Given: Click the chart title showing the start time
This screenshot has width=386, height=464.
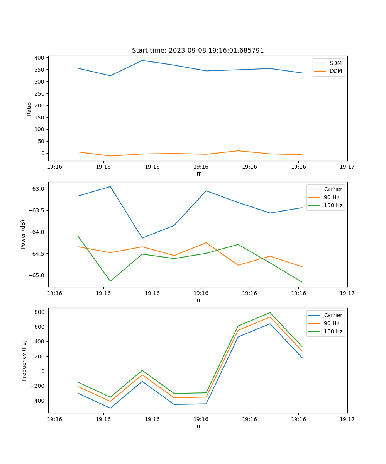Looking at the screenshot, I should click(x=198, y=51).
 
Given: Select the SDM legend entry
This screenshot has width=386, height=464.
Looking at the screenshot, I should click(x=335, y=63).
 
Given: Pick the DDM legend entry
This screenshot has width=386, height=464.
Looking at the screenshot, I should click(x=335, y=71).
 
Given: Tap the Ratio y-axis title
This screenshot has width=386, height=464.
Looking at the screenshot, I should click(x=29, y=109).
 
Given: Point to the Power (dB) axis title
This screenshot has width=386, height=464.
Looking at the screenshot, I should click(x=23, y=234).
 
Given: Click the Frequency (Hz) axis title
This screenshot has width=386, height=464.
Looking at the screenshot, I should click(x=24, y=360).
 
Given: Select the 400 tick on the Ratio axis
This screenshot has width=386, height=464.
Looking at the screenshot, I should click(x=39, y=58).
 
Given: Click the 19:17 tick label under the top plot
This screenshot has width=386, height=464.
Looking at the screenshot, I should click(x=347, y=167).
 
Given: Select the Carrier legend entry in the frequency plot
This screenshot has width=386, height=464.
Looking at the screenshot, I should click(x=333, y=315).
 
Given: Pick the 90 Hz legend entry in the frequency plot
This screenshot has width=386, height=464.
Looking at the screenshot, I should click(x=331, y=323).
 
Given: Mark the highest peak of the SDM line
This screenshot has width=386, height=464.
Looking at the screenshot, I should click(x=142, y=60).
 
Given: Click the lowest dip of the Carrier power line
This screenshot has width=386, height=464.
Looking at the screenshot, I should click(x=142, y=238).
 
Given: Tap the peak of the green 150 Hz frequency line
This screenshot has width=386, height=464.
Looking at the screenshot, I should click(x=270, y=313).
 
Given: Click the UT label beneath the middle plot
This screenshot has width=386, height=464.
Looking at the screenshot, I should click(x=198, y=300).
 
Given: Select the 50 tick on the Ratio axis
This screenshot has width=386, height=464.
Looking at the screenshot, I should click(x=41, y=141).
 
